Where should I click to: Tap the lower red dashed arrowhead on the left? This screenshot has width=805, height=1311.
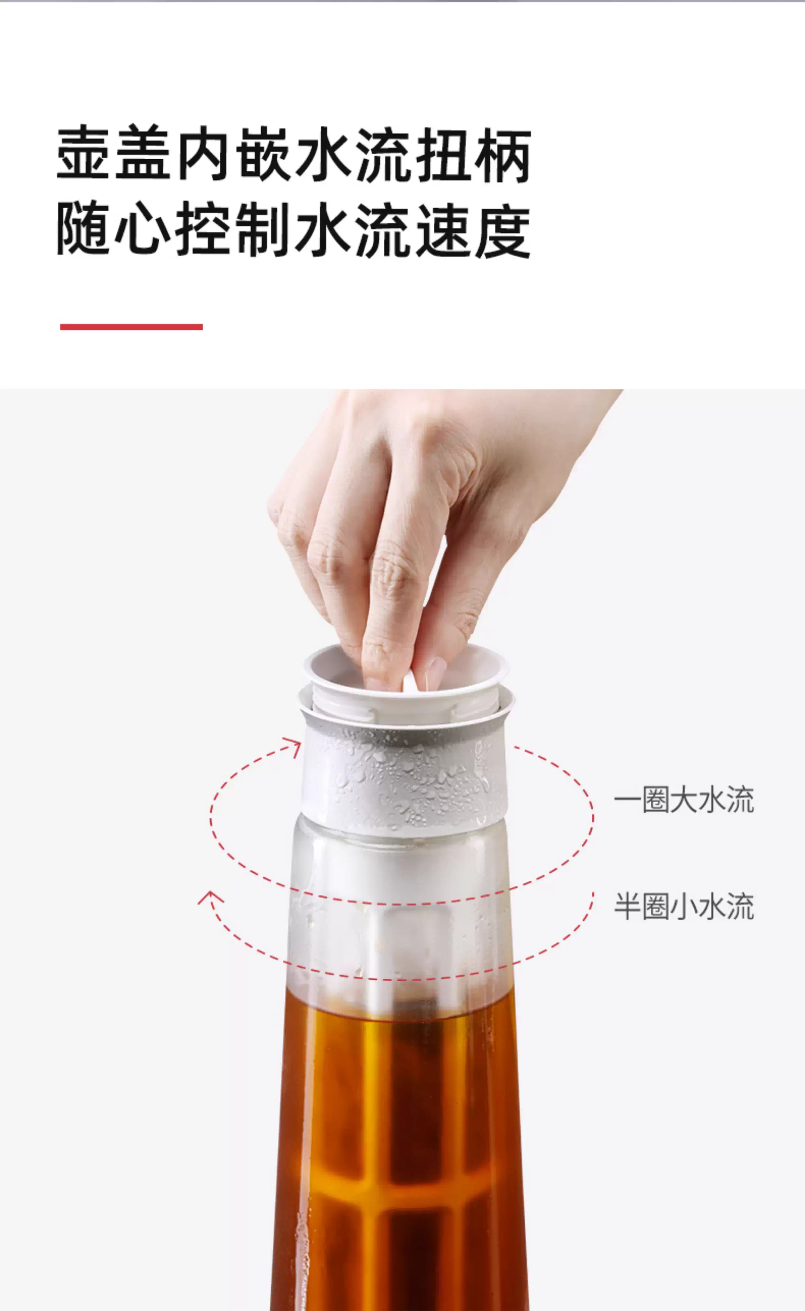point(211,898)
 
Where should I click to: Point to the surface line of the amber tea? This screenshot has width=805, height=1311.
point(399,1001)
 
